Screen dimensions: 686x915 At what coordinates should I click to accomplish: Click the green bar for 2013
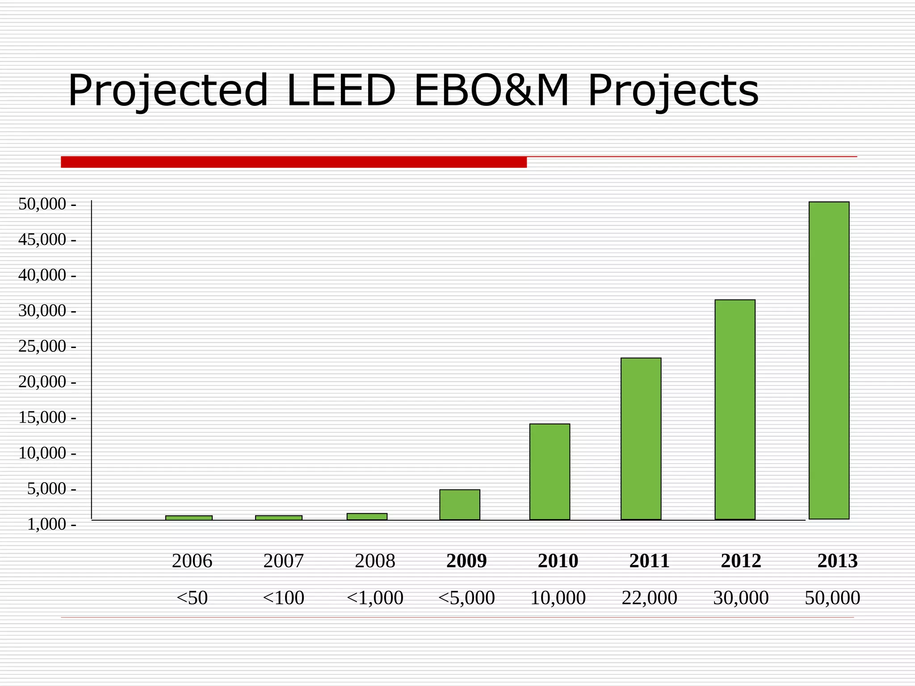pyautogui.click(x=829, y=360)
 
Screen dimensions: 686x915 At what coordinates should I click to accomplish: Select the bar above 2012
pyautogui.click(x=735, y=409)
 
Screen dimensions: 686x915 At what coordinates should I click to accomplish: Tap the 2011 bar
pyautogui.click(x=641, y=438)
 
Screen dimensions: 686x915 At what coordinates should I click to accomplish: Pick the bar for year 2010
pyautogui.click(x=550, y=471)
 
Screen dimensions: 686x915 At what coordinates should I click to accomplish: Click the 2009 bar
pyautogui.click(x=459, y=504)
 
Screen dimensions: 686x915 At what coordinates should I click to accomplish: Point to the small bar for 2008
pyautogui.click(x=367, y=516)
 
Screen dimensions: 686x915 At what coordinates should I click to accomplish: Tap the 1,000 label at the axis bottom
pyautogui.click(x=46, y=524)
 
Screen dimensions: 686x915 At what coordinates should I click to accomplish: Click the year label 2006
pyautogui.click(x=192, y=561)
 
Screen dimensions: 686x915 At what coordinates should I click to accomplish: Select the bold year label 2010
pyautogui.click(x=558, y=561)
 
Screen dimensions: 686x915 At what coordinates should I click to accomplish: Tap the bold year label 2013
pyautogui.click(x=837, y=561)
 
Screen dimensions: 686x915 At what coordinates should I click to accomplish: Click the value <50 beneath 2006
pyautogui.click(x=192, y=598)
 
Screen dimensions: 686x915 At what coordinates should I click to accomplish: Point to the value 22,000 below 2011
pyautogui.click(x=649, y=598)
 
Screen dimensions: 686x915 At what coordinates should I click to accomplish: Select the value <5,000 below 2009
pyautogui.click(x=466, y=598)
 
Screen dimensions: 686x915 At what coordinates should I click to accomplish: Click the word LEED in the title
pyautogui.click(x=340, y=91)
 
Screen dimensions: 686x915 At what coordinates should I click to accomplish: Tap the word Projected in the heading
pyautogui.click(x=168, y=91)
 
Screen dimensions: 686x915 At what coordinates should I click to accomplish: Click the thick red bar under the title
pyautogui.click(x=294, y=162)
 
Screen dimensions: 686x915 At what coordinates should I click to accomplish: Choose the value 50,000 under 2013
pyautogui.click(x=832, y=598)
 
